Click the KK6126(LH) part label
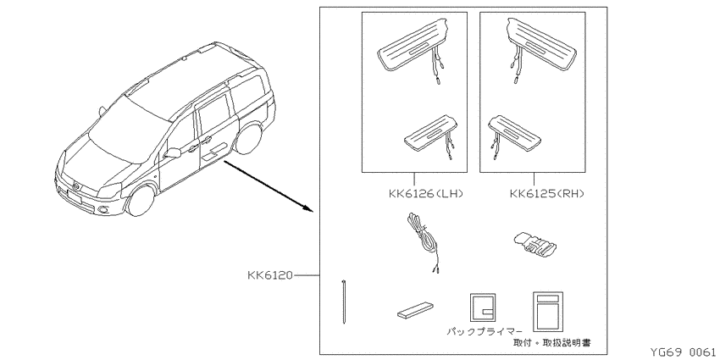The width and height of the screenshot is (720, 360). [426, 194]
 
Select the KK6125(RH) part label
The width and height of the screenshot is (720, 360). [547, 194]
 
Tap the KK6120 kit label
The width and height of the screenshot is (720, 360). [270, 275]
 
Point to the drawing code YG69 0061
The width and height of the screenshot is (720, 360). [683, 352]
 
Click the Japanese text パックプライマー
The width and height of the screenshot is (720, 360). [485, 331]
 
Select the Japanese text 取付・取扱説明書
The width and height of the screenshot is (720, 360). [552, 342]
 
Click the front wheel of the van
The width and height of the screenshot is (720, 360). [141, 200]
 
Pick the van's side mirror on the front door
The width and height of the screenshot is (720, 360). [172, 153]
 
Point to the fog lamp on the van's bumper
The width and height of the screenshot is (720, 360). [103, 210]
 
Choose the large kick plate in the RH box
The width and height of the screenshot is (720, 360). [541, 45]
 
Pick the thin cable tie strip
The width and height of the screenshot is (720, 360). [343, 302]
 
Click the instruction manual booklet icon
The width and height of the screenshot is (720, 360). [548, 312]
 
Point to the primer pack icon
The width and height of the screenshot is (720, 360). [483, 307]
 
